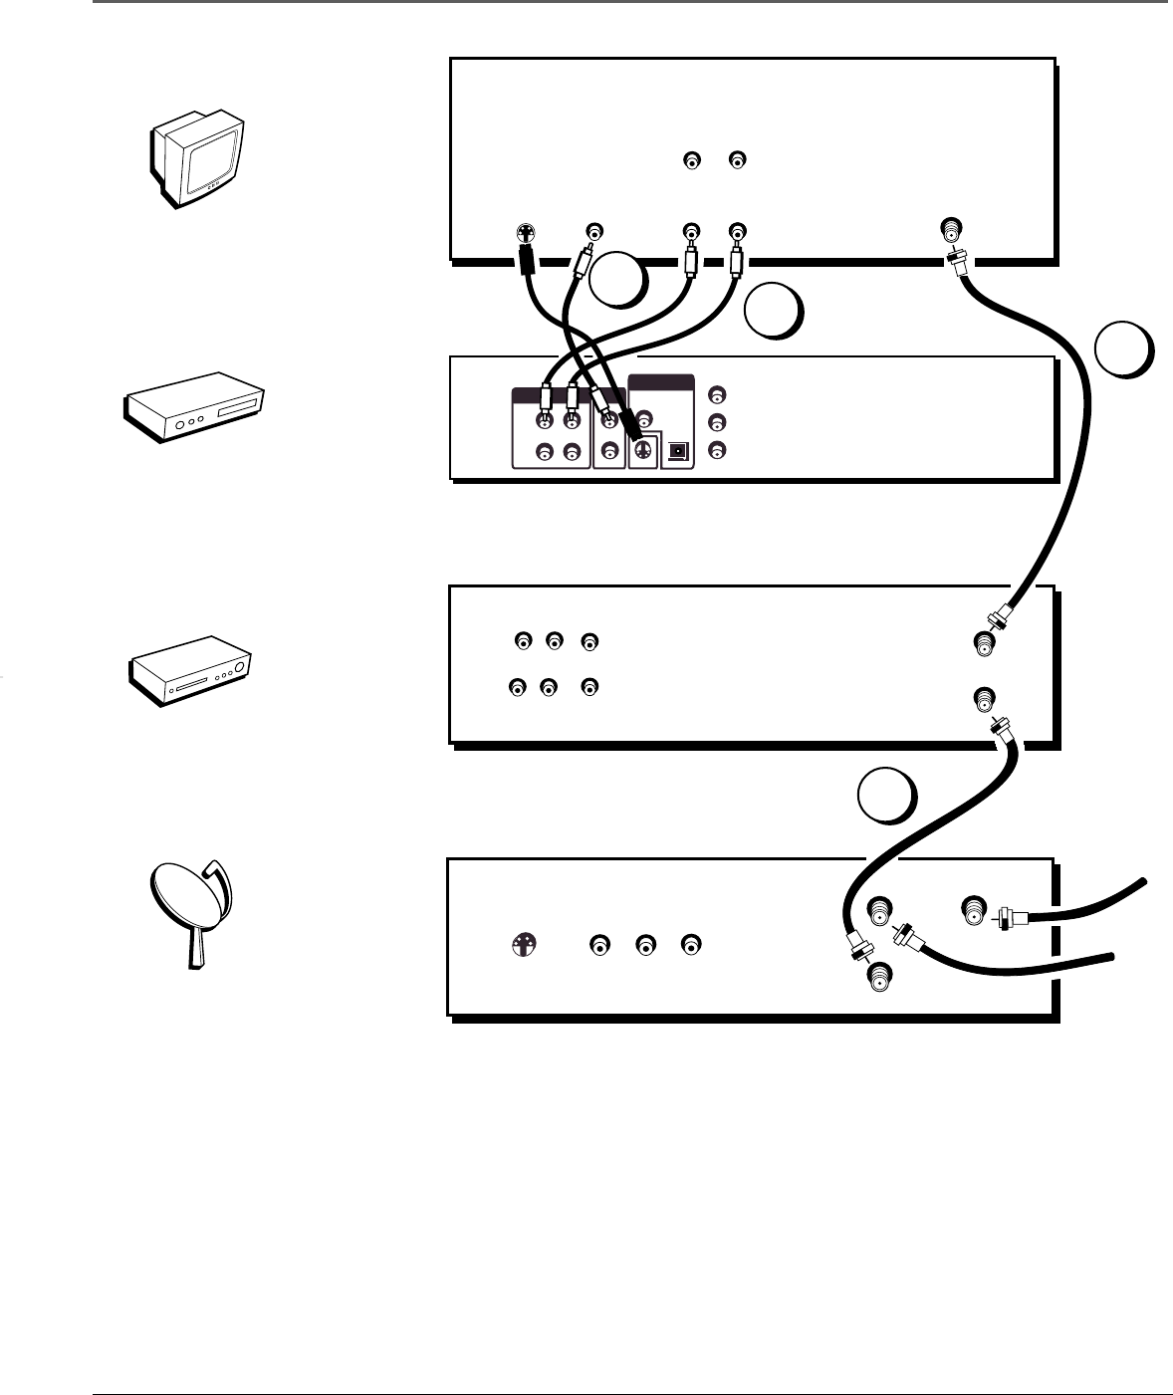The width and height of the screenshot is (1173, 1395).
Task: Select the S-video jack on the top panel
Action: (523, 234)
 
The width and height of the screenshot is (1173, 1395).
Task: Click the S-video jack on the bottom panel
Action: (523, 944)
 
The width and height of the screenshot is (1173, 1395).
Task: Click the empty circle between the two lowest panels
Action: (887, 798)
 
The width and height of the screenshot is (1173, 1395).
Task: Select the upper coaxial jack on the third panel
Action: (984, 644)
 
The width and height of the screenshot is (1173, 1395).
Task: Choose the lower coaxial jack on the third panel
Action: (984, 698)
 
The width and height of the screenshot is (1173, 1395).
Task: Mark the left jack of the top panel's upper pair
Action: (692, 159)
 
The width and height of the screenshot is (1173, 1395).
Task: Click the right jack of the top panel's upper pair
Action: (737, 159)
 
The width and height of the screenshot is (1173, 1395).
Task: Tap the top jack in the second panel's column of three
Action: (716, 393)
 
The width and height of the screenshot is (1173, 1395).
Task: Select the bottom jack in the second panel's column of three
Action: (716, 450)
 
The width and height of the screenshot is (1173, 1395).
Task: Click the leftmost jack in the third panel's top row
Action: (523, 640)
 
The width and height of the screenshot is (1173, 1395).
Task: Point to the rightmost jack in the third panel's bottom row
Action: (590, 686)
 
